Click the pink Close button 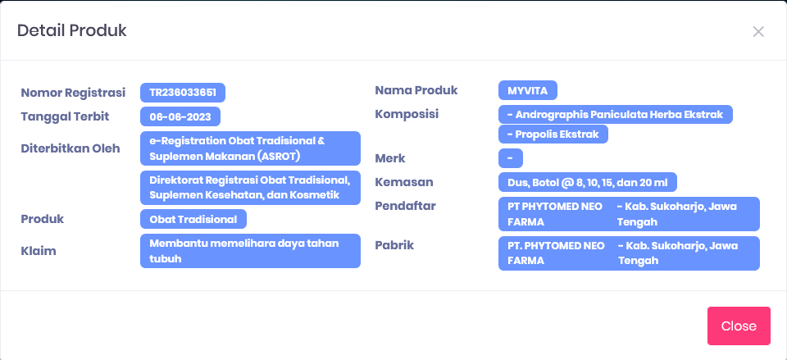click(x=739, y=326)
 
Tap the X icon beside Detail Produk click(x=757, y=32)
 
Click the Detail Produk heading click(x=72, y=30)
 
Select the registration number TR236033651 click(x=183, y=93)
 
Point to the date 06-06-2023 click(x=180, y=116)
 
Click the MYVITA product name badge click(x=527, y=90)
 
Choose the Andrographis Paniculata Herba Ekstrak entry click(x=616, y=114)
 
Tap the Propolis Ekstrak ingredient click(x=553, y=134)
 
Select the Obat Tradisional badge click(x=193, y=219)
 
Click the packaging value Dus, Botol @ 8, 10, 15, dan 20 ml click(x=587, y=182)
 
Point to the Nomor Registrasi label click(x=73, y=93)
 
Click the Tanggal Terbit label click(x=65, y=116)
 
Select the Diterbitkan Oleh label click(x=71, y=148)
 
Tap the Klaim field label click(x=39, y=251)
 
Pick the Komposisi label click(x=407, y=114)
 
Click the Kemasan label click(x=404, y=182)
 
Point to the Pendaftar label click(x=405, y=205)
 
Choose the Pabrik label click(x=394, y=245)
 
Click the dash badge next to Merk click(x=511, y=158)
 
